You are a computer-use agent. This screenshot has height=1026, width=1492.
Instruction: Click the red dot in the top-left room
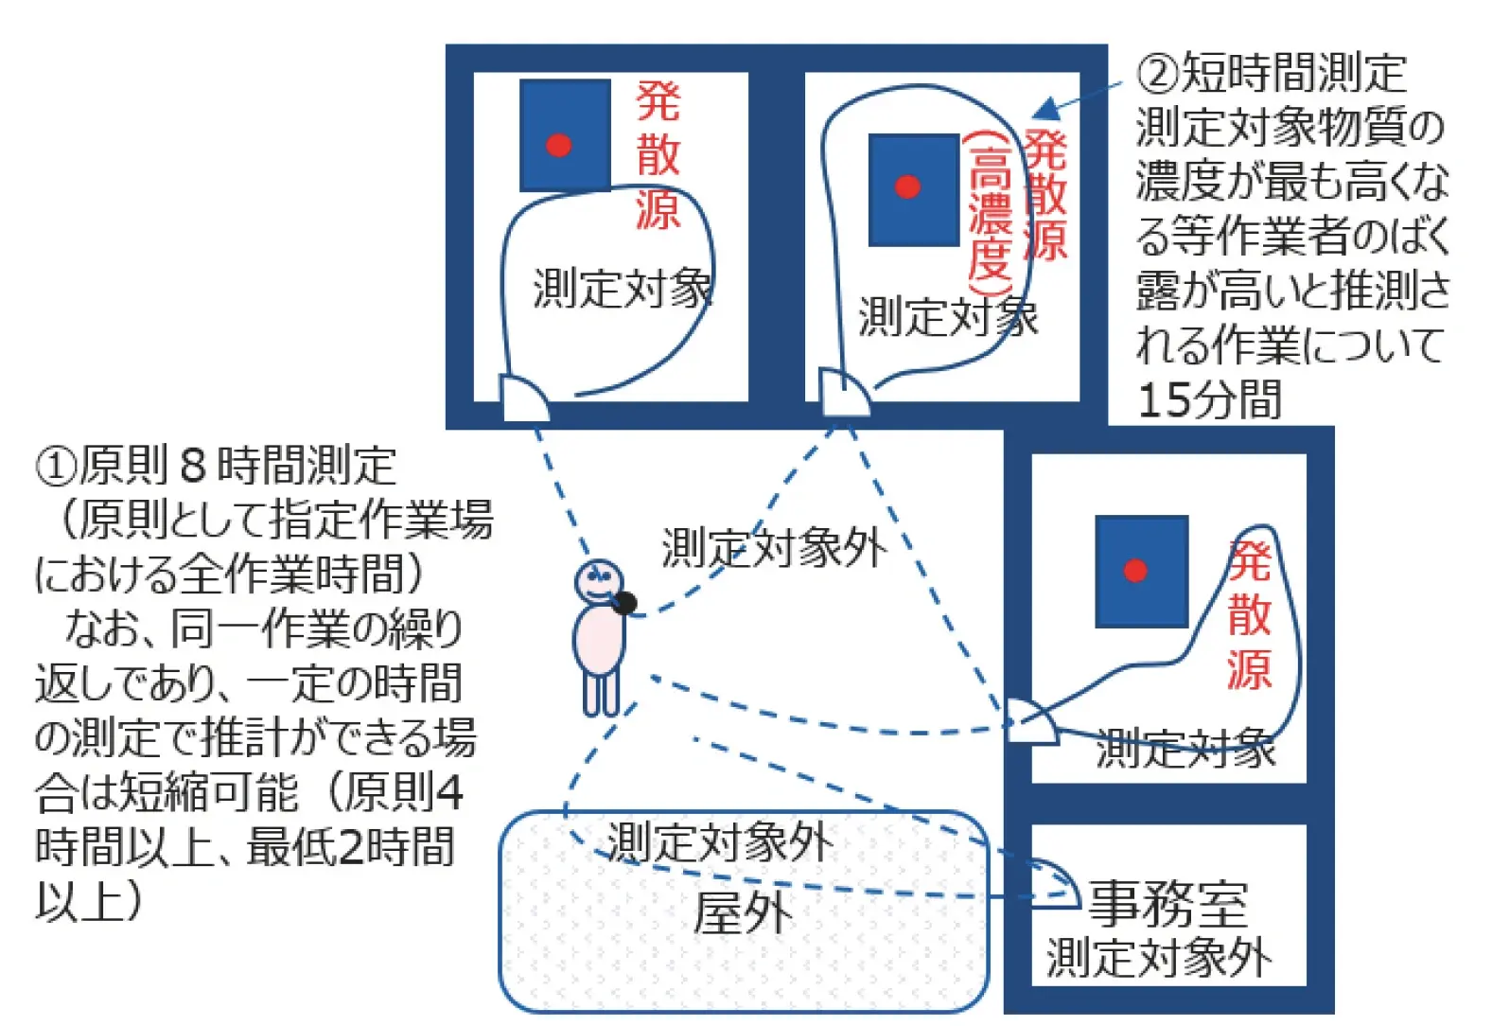(559, 145)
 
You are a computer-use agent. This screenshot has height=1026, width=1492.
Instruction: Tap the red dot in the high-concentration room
(907, 186)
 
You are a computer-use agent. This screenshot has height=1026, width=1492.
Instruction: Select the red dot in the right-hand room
(1135, 571)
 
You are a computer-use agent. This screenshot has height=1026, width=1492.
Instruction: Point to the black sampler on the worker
(624, 603)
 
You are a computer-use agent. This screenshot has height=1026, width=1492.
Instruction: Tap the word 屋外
(743, 914)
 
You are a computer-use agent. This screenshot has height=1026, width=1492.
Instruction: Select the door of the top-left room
(522, 398)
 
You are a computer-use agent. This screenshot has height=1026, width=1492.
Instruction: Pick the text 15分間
(1209, 400)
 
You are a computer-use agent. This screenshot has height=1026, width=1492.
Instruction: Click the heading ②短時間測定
(1271, 74)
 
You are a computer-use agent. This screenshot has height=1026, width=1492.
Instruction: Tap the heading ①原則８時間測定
(216, 465)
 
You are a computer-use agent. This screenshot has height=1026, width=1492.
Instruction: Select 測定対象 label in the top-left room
(622, 289)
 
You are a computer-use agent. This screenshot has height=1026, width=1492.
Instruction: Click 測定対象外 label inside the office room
(1158, 958)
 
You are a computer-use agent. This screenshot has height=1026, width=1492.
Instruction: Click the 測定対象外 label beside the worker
(773, 547)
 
